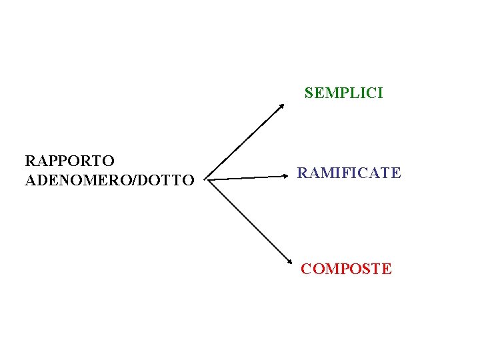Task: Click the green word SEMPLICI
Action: [343, 93]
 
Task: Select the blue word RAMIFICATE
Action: [349, 173]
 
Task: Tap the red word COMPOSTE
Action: [346, 269]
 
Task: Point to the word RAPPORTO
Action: [69, 161]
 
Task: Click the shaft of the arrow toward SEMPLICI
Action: [243, 141]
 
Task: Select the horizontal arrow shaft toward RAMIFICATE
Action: [247, 178]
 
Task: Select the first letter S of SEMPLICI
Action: [309, 93]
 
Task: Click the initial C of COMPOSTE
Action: [306, 269]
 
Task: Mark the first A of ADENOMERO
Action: [29, 180]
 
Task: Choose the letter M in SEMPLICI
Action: [327, 93]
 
